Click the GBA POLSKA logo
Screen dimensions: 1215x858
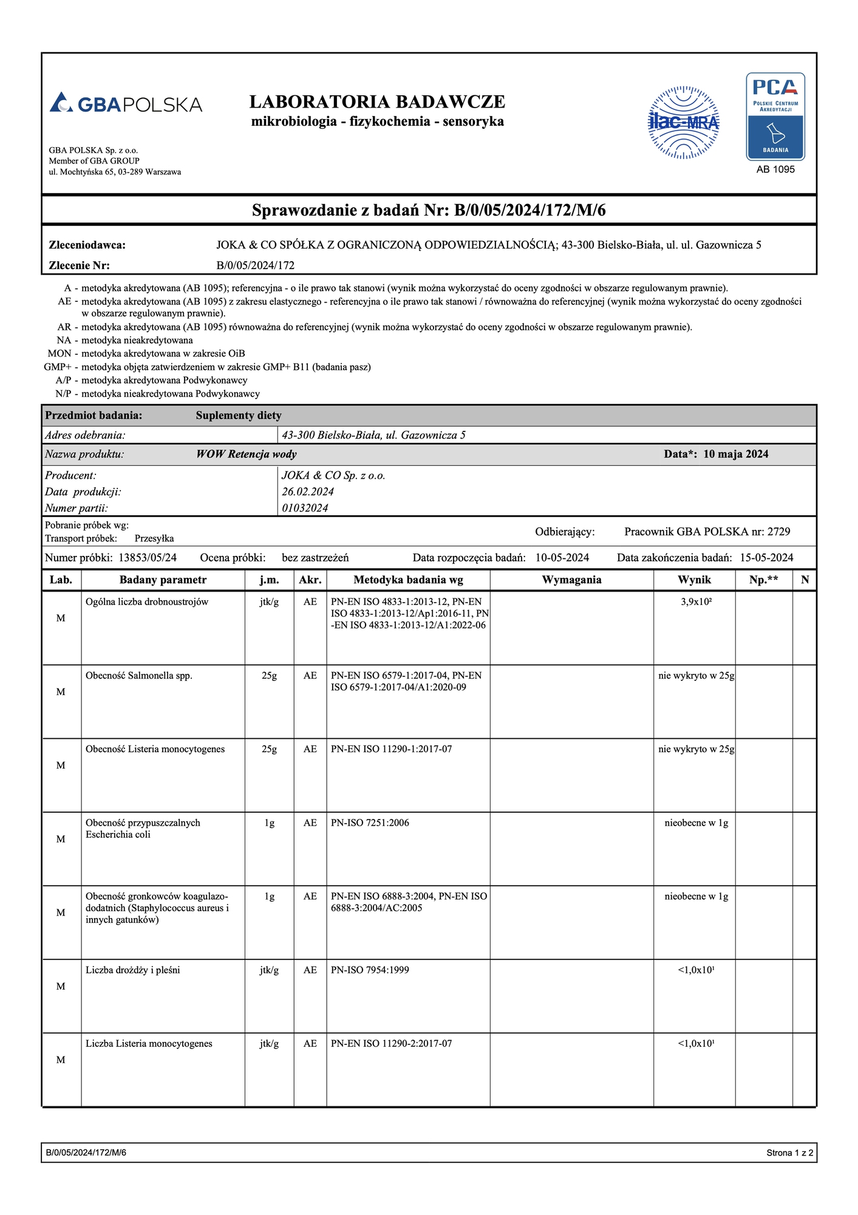click(x=126, y=103)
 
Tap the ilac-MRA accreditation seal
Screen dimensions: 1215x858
click(x=684, y=122)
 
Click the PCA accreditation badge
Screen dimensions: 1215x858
click(x=775, y=117)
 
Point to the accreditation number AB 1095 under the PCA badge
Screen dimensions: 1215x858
click(x=775, y=169)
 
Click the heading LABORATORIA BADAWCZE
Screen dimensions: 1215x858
click(x=377, y=101)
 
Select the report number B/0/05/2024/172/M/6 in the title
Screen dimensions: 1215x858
click(x=529, y=210)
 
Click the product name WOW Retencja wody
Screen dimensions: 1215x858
click(x=246, y=454)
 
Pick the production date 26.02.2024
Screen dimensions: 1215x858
click(x=308, y=491)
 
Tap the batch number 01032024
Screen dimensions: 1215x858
click(x=305, y=508)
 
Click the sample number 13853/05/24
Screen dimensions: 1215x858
click(x=148, y=558)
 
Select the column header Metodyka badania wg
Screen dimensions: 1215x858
click(x=408, y=580)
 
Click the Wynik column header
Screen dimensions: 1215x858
click(x=694, y=580)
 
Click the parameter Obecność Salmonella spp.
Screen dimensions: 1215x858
click(x=139, y=676)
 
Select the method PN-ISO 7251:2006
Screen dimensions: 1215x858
click(x=370, y=823)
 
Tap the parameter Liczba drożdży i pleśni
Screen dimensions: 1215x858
click(x=133, y=970)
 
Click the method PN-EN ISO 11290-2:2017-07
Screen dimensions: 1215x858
click(x=391, y=1043)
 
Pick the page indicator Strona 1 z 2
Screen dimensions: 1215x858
click(x=789, y=1152)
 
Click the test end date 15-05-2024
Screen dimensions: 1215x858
click(x=766, y=558)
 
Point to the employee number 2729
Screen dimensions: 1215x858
click(x=778, y=532)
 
